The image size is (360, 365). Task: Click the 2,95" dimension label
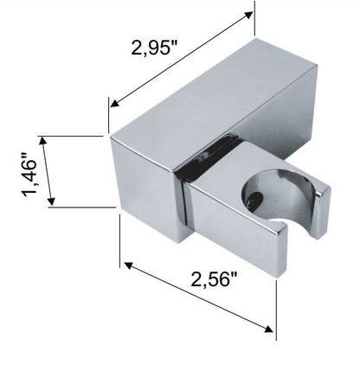tap(155, 48)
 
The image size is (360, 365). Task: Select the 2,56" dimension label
tap(214, 279)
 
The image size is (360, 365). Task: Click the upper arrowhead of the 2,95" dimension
tap(248, 15)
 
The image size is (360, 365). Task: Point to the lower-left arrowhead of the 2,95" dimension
tap(115, 103)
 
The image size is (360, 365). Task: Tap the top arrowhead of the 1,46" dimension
tap(43, 140)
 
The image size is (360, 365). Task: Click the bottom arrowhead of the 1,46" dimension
tap(51, 202)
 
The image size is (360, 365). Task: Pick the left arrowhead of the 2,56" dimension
tap(128, 266)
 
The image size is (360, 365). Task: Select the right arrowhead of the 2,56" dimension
tap(268, 329)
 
